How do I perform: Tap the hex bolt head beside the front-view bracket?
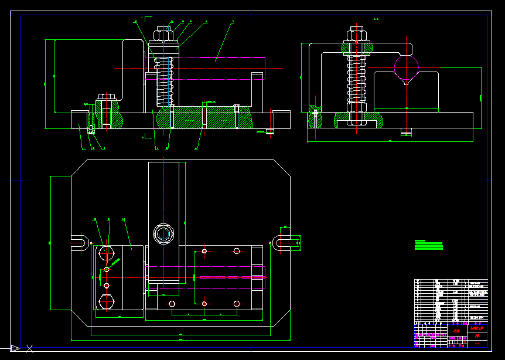pos(106,97)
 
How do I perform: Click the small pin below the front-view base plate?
pos(269,131)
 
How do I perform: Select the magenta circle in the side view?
pos(407,65)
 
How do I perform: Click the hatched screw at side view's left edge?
pos(315,118)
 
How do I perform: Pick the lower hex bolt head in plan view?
pos(106,301)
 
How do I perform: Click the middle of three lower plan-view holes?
pos(204,304)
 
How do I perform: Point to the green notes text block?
pos(428,245)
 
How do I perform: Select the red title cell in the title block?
pos(477,329)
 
